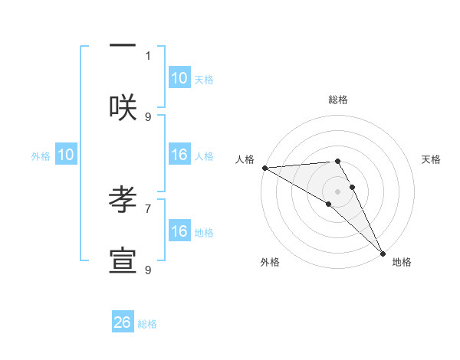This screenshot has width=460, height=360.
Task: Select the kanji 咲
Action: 123,106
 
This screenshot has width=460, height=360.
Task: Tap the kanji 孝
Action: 123,198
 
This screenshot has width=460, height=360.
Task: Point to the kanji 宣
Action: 123,261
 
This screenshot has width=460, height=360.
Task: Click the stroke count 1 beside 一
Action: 148,55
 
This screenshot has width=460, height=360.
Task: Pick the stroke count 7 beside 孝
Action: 148,208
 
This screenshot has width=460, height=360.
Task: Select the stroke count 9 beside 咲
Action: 148,116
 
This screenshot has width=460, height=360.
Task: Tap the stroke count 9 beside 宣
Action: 148,270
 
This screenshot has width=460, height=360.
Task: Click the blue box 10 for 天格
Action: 179,78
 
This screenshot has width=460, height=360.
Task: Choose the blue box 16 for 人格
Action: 179,155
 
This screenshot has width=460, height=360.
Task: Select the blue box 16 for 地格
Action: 179,231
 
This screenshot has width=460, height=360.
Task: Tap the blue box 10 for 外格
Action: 66,155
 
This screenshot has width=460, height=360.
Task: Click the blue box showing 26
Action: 123,322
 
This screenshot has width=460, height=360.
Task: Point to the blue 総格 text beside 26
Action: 147,324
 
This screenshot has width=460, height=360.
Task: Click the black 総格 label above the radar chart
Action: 337,100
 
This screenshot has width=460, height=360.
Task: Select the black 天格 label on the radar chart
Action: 431,159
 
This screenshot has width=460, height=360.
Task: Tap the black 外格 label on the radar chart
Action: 270,262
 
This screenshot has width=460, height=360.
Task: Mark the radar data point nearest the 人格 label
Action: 264,168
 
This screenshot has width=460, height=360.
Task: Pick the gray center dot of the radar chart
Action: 337,191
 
